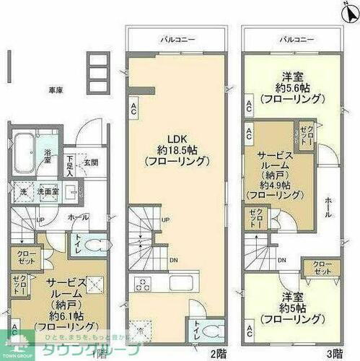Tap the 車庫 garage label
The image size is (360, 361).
point(56,90)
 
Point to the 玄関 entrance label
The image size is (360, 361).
point(92,161)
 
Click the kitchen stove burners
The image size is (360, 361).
point(141,282)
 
